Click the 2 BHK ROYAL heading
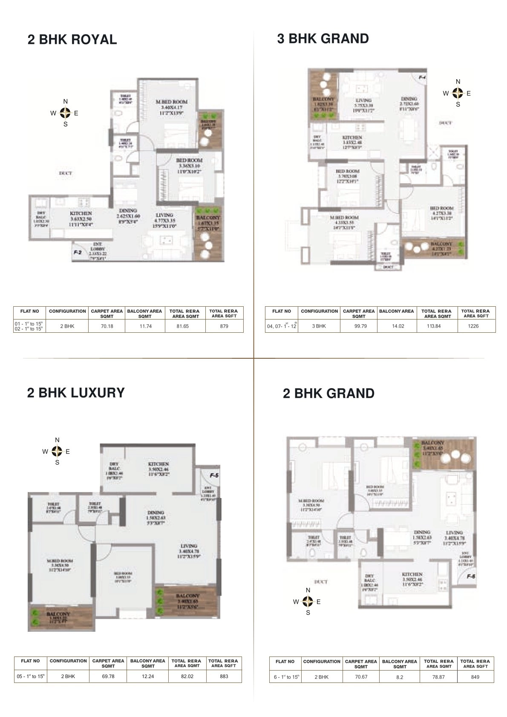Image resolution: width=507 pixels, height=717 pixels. (x=72, y=40)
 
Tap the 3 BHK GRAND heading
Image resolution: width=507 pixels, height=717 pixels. (x=323, y=39)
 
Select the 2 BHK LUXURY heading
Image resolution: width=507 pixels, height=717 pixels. (x=76, y=392)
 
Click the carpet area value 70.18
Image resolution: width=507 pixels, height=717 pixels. (x=106, y=326)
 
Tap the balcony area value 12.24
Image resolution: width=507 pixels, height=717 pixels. (x=147, y=677)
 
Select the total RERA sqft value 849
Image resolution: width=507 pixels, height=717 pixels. (x=475, y=677)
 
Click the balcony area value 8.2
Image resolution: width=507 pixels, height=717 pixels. (x=399, y=677)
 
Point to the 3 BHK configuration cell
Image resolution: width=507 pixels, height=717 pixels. (x=319, y=326)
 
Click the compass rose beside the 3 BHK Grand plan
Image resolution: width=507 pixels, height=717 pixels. (x=458, y=93)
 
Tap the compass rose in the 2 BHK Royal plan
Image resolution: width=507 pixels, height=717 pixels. (x=65, y=113)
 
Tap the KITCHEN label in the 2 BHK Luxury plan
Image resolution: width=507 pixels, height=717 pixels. (x=158, y=464)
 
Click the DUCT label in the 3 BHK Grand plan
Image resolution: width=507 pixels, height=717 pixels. (x=445, y=123)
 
